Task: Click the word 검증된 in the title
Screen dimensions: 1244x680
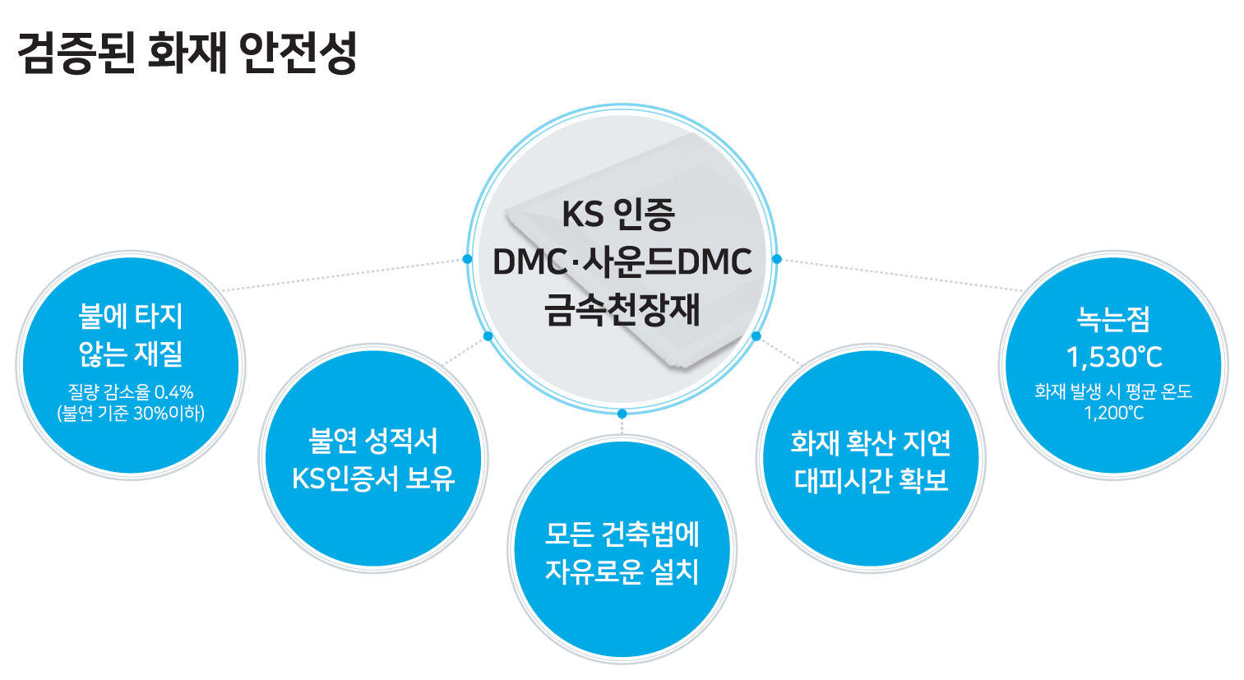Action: coord(76,53)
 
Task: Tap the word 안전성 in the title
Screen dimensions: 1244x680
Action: coord(298,53)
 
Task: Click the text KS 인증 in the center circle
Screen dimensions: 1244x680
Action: coord(618,215)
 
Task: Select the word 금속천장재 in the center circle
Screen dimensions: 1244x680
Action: coord(622,309)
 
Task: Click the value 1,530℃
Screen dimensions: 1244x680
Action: coord(1114,357)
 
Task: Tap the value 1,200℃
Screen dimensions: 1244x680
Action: coord(1114,414)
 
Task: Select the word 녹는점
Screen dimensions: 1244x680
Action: coord(1113,319)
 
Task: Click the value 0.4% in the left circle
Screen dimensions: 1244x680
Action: coord(173,392)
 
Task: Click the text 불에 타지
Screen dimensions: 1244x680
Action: coord(131,316)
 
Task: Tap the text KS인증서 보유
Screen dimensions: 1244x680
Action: coord(373,479)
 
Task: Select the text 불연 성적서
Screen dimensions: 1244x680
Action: coord(373,441)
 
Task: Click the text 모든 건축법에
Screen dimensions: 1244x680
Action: coord(622,534)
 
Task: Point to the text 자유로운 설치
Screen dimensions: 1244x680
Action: coord(622,571)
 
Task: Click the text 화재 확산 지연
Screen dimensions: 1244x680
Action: coord(871,442)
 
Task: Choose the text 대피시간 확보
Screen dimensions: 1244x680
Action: coord(871,480)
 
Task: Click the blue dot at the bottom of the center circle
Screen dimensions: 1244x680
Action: coord(622,414)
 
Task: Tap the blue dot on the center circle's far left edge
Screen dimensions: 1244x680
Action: coord(468,259)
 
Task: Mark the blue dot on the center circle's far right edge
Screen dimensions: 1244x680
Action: coord(777,259)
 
